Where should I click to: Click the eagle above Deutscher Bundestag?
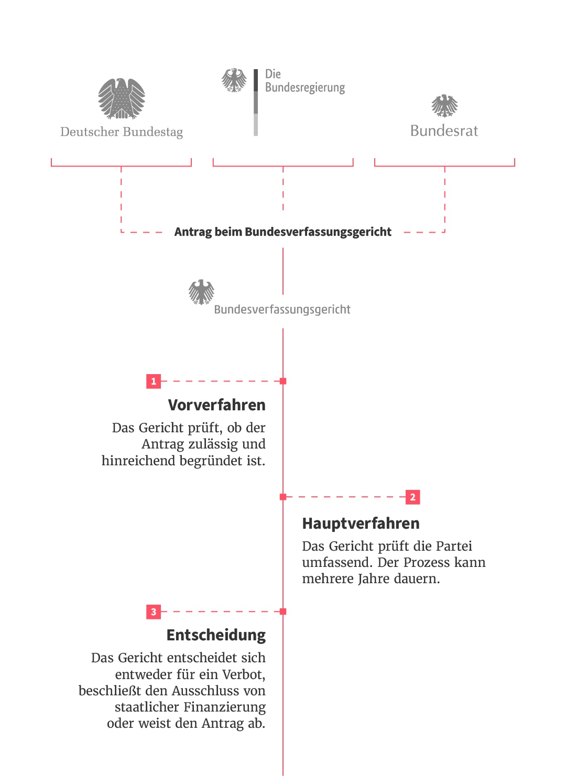pos(122,99)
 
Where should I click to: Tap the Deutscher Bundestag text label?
pos(122,132)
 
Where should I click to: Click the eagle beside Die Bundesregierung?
pos(234,80)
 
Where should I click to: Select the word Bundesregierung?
pos(305,88)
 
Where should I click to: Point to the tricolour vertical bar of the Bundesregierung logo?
pos(256,102)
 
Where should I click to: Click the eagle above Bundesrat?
pos(444,106)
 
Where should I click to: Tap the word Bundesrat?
pos(444,130)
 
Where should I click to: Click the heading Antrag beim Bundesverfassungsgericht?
pos(283,232)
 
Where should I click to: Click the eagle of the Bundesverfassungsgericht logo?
pos(202,292)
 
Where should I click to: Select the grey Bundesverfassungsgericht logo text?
pos(282,309)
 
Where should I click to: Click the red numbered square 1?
pos(154,381)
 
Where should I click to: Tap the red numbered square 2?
pos(413,497)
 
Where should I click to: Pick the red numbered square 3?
pos(154,611)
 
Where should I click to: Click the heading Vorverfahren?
pos(216,405)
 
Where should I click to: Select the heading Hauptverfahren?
pos(361,523)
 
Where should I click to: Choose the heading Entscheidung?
pos(216,635)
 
